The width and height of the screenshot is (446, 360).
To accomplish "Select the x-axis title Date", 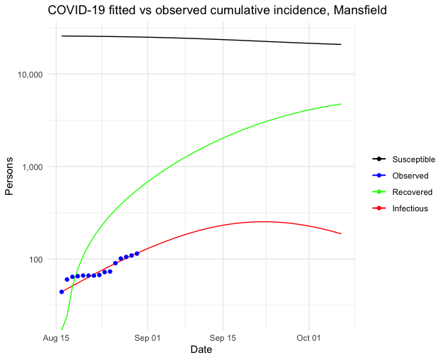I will click(201, 350).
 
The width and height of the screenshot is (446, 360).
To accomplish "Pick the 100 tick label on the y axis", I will click(35, 260).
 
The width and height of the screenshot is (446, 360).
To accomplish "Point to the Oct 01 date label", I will click(309, 337).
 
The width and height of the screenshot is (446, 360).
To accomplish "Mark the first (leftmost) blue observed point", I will click(62, 292).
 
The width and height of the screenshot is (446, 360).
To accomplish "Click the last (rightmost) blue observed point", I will click(137, 253).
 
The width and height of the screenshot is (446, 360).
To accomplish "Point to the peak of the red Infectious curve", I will click(263, 221).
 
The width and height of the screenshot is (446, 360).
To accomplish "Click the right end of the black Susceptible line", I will click(341, 44).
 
